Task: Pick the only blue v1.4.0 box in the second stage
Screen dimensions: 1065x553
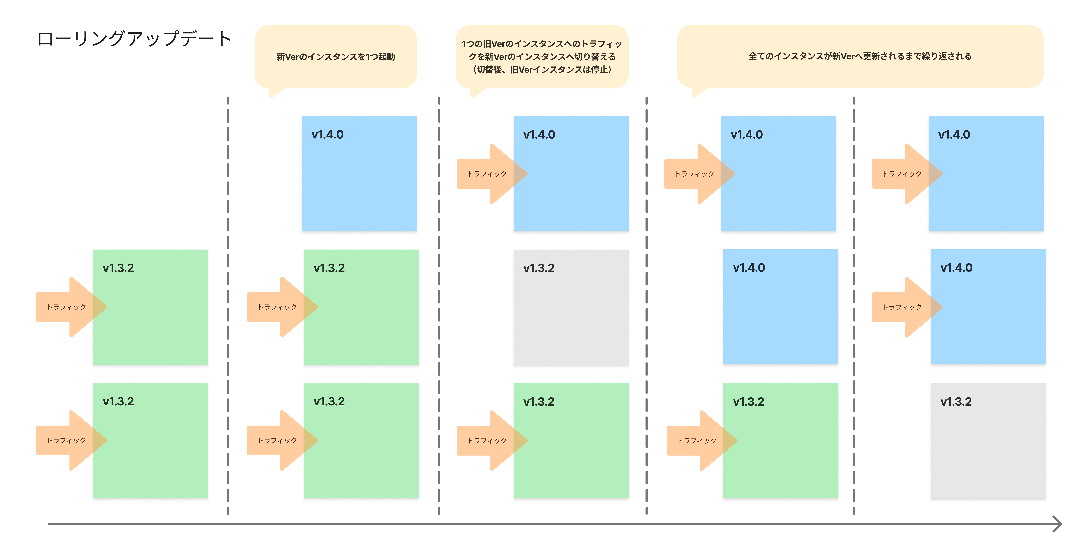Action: click(359, 173)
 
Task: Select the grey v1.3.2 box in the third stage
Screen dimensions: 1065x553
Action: click(571, 307)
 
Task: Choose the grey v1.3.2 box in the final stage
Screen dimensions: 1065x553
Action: click(988, 441)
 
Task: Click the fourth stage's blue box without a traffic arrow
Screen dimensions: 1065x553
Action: click(781, 307)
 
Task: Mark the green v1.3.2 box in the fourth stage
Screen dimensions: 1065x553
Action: click(781, 441)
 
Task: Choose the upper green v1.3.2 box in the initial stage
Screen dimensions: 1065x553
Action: click(151, 307)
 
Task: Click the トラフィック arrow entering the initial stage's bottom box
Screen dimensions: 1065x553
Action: click(71, 440)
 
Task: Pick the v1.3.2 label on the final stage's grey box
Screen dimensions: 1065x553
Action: click(956, 402)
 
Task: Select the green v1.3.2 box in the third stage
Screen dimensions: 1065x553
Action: click(571, 441)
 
